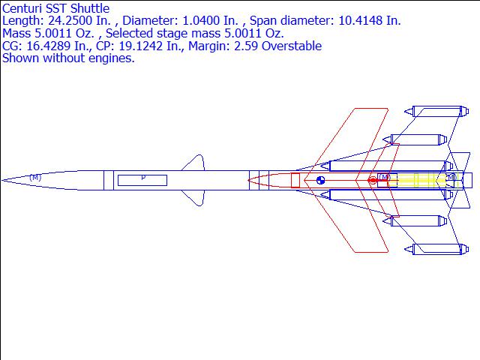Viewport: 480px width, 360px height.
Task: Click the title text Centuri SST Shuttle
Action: (56, 8)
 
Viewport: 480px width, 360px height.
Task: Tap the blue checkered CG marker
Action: (321, 180)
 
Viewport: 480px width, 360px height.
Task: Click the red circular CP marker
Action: (373, 180)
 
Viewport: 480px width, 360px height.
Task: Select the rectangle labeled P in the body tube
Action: (142, 179)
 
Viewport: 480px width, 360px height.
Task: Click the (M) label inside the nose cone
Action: (35, 178)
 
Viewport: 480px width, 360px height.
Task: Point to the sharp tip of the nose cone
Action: (3, 180)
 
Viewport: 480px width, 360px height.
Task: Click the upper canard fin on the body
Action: (194, 164)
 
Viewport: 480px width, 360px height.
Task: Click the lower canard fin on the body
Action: (194, 196)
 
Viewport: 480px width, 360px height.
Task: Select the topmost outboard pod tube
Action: (435, 112)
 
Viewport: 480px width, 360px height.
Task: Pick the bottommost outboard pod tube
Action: (435, 248)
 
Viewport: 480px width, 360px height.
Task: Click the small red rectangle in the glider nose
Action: (295, 180)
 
